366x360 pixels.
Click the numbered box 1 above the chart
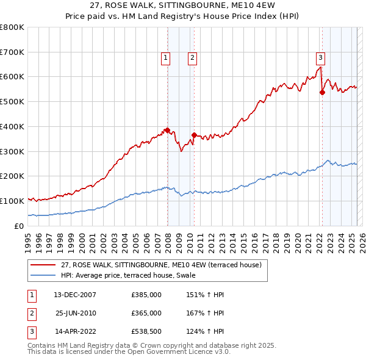point(165,58)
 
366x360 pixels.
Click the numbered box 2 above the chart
point(192,58)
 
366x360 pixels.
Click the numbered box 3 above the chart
point(320,58)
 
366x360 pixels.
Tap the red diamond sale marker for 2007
point(167,130)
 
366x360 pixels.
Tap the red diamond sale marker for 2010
point(194,135)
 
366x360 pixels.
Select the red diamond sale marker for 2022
point(323,92)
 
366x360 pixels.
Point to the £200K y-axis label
point(12,176)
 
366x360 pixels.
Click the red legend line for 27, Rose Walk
point(43,265)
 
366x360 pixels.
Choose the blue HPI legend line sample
point(43,275)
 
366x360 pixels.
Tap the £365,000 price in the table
point(146,314)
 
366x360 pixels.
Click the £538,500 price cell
point(146,333)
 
